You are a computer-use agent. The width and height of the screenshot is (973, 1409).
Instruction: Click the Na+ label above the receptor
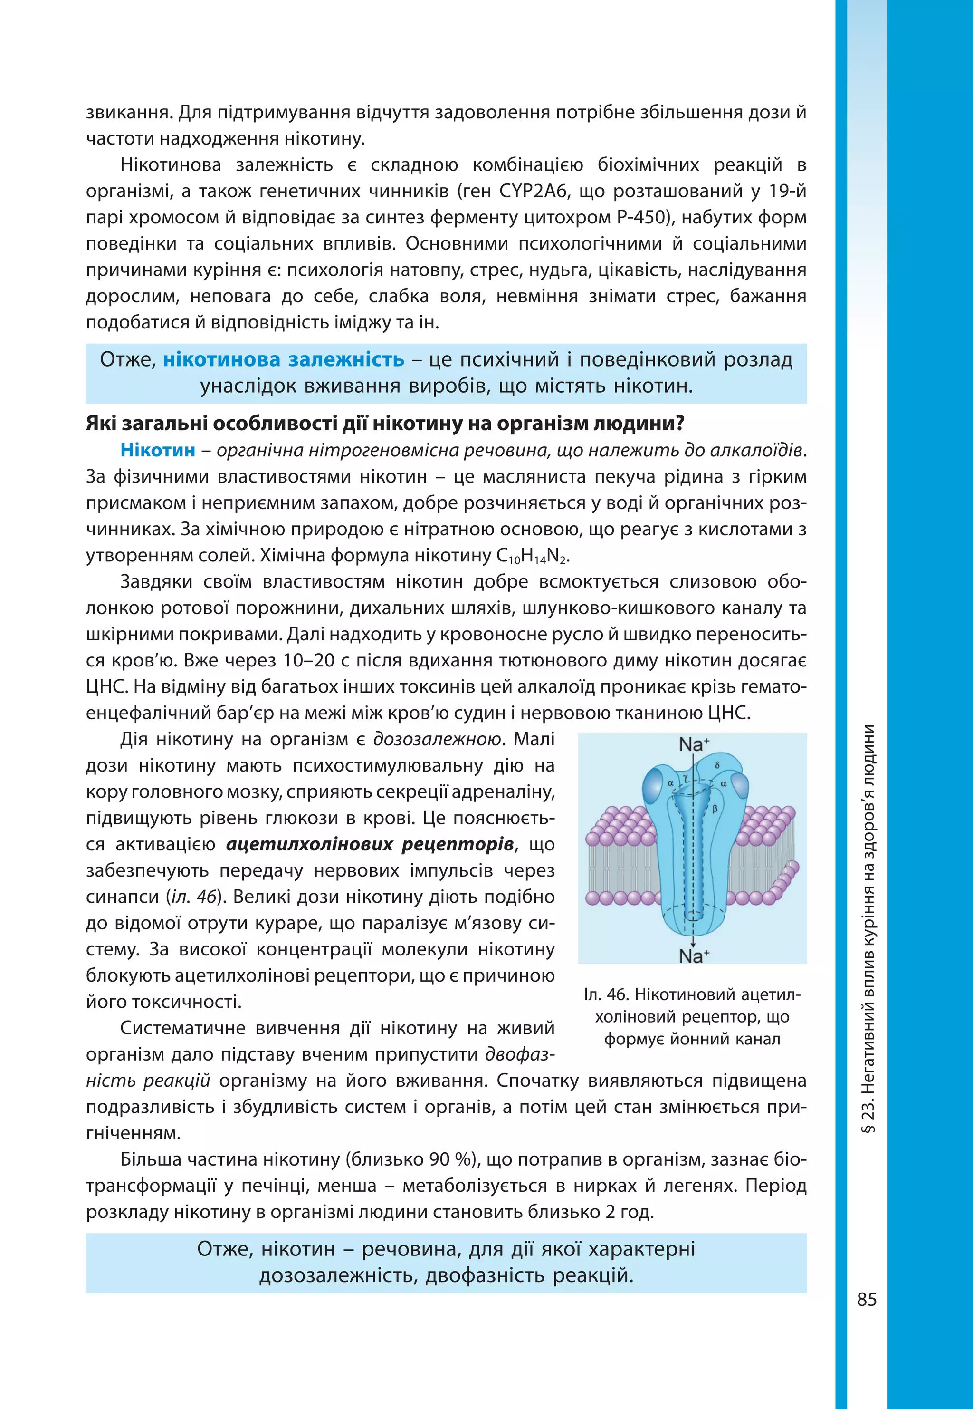(x=693, y=744)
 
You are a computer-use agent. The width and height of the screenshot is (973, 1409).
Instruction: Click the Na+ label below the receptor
(x=693, y=956)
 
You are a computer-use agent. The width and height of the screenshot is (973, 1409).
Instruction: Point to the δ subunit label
(x=717, y=764)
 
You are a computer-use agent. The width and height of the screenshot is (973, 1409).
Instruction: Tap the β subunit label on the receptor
(x=715, y=809)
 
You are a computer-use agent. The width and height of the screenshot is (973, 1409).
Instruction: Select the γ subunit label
(x=685, y=778)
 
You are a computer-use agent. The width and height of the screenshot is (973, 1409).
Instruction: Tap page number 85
(x=866, y=1300)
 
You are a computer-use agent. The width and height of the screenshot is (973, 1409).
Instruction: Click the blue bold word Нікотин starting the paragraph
(x=158, y=450)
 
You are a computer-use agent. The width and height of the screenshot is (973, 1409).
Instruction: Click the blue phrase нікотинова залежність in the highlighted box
(x=284, y=359)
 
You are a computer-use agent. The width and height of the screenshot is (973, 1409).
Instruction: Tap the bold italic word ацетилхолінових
(x=308, y=844)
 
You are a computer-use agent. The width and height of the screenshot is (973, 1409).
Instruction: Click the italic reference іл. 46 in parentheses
(x=194, y=897)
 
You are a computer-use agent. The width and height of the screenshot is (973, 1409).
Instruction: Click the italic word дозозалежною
(x=438, y=739)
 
